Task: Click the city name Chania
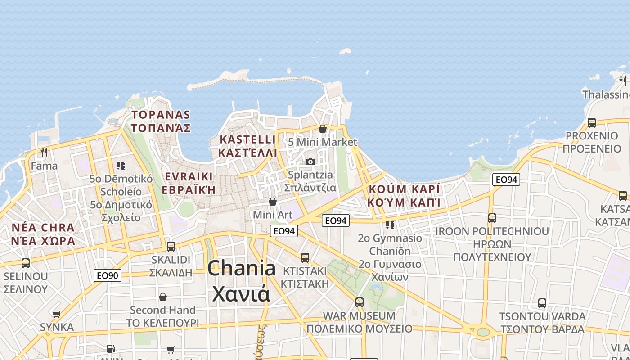click(x=242, y=269)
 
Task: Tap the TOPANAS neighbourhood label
click(x=161, y=115)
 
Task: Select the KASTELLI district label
click(x=247, y=139)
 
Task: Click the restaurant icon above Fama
click(x=44, y=153)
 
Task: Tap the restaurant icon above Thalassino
click(x=623, y=81)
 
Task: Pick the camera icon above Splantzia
click(x=310, y=162)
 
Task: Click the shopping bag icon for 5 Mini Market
click(x=322, y=129)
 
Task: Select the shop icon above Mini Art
click(x=273, y=201)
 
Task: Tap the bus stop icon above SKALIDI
click(x=171, y=247)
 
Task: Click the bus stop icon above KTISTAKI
click(x=305, y=258)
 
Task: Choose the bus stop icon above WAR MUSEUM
click(x=359, y=302)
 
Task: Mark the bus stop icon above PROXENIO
click(x=592, y=122)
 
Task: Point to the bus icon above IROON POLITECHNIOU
click(x=492, y=218)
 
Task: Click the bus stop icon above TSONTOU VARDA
click(x=542, y=303)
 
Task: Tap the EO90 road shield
click(x=108, y=275)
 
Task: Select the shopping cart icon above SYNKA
click(x=57, y=314)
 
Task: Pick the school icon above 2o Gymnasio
click(x=390, y=225)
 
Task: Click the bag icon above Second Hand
click(x=163, y=297)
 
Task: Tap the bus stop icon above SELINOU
click(x=26, y=263)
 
